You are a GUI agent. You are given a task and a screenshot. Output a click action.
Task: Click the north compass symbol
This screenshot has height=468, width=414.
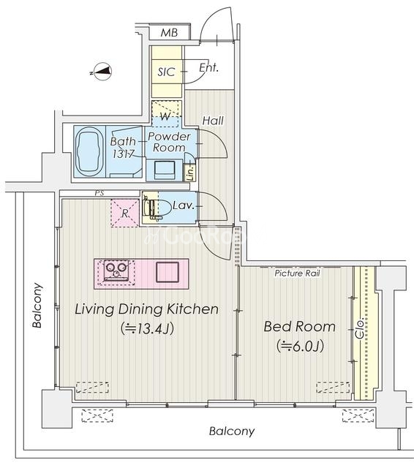(102, 72)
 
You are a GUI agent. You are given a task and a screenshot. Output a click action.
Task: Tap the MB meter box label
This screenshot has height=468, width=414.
(169, 32)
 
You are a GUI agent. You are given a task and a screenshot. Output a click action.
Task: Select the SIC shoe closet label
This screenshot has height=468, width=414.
(166, 72)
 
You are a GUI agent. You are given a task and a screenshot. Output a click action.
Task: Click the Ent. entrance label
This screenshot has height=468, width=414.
(208, 68)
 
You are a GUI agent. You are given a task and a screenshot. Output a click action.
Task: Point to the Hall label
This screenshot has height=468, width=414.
(213, 121)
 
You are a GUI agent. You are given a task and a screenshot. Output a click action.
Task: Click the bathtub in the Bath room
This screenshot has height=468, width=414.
(89, 152)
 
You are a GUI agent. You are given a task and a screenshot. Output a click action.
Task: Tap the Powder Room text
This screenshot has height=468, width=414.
(169, 142)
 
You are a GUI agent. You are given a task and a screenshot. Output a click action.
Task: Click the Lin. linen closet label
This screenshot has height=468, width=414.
(190, 173)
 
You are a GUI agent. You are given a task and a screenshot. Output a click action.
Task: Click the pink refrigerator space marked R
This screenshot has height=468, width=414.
(125, 213)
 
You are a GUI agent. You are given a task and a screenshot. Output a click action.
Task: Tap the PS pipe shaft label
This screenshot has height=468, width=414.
(99, 193)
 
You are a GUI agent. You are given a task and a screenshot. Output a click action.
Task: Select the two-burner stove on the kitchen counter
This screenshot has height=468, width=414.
(116, 271)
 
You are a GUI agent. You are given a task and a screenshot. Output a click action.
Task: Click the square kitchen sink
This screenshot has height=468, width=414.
(168, 272)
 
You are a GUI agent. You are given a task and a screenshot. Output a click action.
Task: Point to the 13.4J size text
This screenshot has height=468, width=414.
(148, 329)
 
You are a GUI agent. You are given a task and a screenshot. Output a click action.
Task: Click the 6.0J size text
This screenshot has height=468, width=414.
(300, 347)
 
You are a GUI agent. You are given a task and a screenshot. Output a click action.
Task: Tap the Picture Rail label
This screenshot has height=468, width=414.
(297, 273)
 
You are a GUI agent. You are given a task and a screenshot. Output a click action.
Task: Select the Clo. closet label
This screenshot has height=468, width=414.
(360, 330)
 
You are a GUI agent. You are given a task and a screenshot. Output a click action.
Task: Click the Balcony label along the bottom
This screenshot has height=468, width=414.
(232, 431)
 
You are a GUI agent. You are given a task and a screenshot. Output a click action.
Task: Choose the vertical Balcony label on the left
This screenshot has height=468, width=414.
(38, 306)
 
